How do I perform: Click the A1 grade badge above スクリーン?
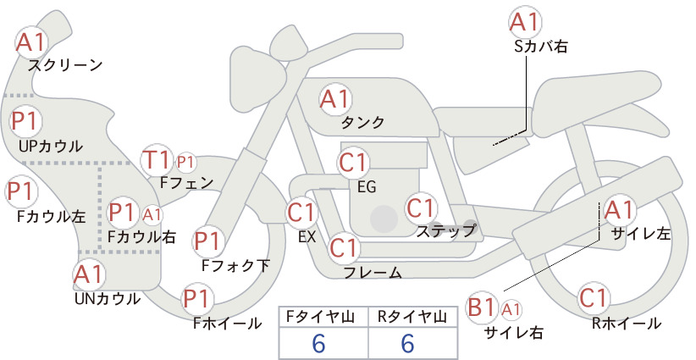31,42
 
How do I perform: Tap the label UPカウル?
51,146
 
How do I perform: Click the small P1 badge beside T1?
185,163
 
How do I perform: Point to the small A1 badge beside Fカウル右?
152,215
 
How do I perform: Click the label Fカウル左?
51,217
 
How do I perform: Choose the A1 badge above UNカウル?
89,275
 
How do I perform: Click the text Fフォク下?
235,265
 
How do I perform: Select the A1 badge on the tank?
335,99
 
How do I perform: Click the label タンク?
362,122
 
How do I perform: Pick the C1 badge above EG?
353,163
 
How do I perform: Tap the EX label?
307,237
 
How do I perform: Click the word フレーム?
373,273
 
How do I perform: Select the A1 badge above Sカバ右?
526,22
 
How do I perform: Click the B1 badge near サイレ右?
482,307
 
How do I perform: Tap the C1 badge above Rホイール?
594,298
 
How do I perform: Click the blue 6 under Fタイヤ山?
318,343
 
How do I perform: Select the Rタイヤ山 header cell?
412,317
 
